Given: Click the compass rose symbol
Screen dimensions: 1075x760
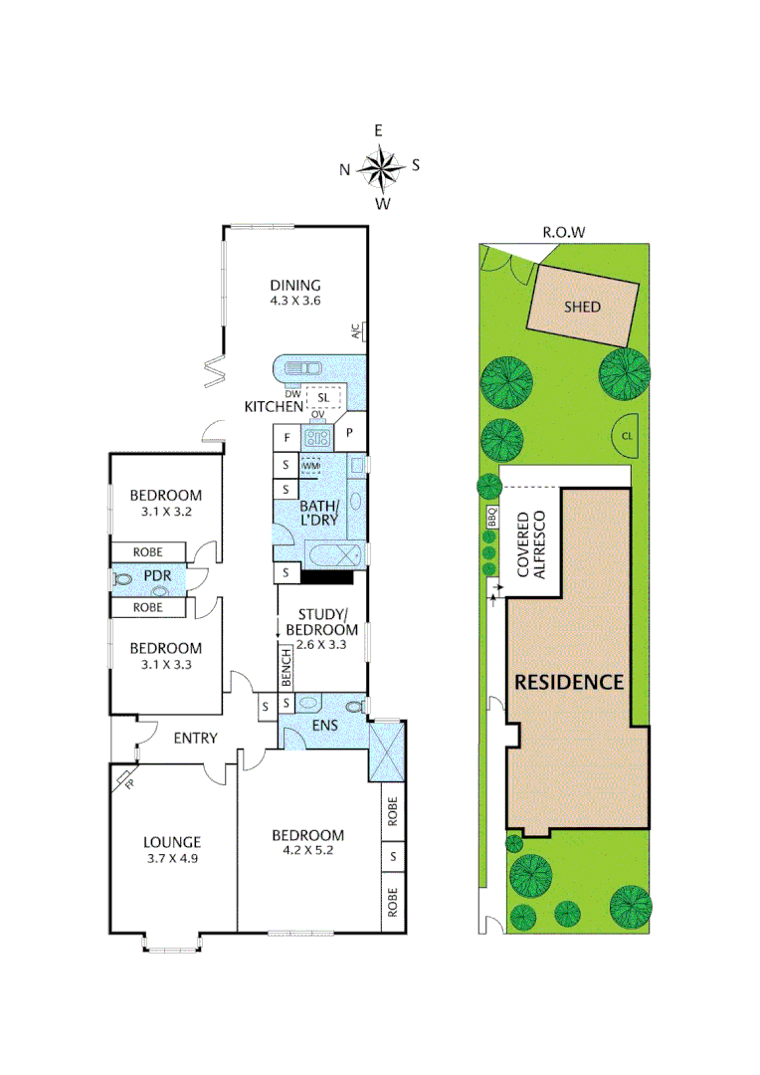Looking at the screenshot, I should pos(379,167).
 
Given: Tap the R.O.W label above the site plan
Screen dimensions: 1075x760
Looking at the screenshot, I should pos(562,233).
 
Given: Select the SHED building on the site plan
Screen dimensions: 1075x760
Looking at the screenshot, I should pos(583,307).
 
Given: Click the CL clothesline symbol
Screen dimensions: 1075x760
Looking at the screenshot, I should pos(626,435).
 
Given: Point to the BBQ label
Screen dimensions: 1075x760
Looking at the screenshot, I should pos(490,518).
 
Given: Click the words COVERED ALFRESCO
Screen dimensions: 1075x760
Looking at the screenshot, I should pos(532,544).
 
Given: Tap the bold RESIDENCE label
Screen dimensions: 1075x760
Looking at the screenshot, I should pos(569,683).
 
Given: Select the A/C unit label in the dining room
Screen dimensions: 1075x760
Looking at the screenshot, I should pos(355,332).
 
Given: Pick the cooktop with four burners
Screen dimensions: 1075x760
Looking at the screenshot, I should pos(317,436).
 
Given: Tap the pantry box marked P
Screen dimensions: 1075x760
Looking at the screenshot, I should pos(350,433).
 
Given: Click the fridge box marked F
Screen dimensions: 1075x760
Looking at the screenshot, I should pos(286,436).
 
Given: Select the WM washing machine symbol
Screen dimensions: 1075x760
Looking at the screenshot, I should pos(311,465).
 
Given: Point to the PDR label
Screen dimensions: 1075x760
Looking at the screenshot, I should pos(157,576).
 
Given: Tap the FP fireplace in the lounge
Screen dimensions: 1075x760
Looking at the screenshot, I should pos(124,779).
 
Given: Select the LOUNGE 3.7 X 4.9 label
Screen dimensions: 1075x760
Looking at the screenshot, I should pos(172,849).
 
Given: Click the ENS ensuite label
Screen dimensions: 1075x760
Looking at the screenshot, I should pos(324,726).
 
